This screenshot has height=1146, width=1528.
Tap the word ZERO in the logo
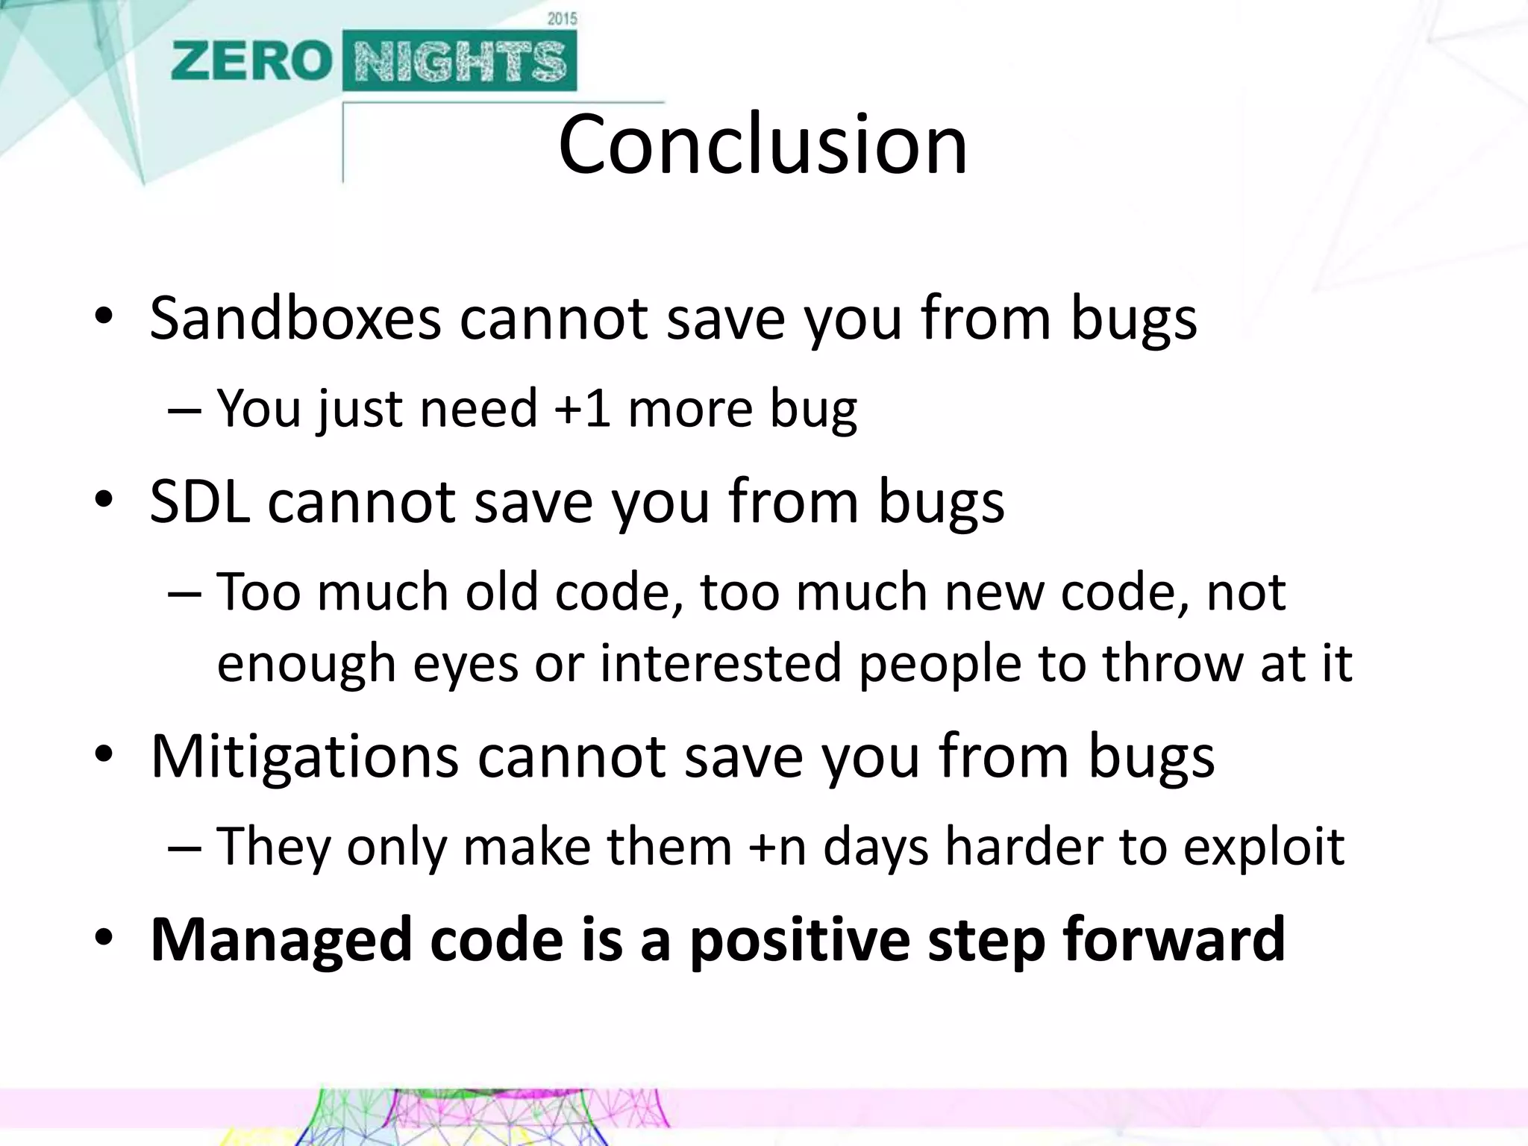pyautogui.click(x=251, y=62)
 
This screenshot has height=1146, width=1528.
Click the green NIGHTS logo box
pyautogui.click(x=460, y=62)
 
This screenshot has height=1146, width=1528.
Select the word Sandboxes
pyautogui.click(x=295, y=319)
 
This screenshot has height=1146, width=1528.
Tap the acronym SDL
pyautogui.click(x=199, y=502)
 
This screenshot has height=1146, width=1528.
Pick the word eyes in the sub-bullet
pyautogui.click(x=465, y=663)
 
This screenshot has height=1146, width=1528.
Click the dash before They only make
pyautogui.click(x=184, y=848)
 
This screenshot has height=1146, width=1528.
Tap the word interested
pyautogui.click(x=721, y=663)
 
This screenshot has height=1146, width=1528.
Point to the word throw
pyautogui.click(x=1173, y=663)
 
